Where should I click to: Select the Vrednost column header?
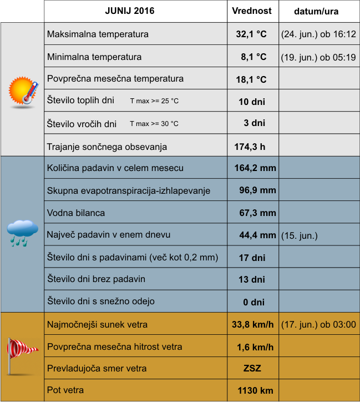click(252, 11)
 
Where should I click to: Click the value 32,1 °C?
click(251, 34)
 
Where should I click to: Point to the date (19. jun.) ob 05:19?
click(318, 57)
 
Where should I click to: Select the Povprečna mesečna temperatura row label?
click(115, 78)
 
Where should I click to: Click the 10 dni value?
click(251, 101)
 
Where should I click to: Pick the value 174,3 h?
click(250, 147)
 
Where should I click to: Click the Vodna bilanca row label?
click(76, 213)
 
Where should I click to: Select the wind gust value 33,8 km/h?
click(252, 324)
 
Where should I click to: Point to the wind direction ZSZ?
click(252, 369)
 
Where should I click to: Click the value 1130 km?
click(255, 391)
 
